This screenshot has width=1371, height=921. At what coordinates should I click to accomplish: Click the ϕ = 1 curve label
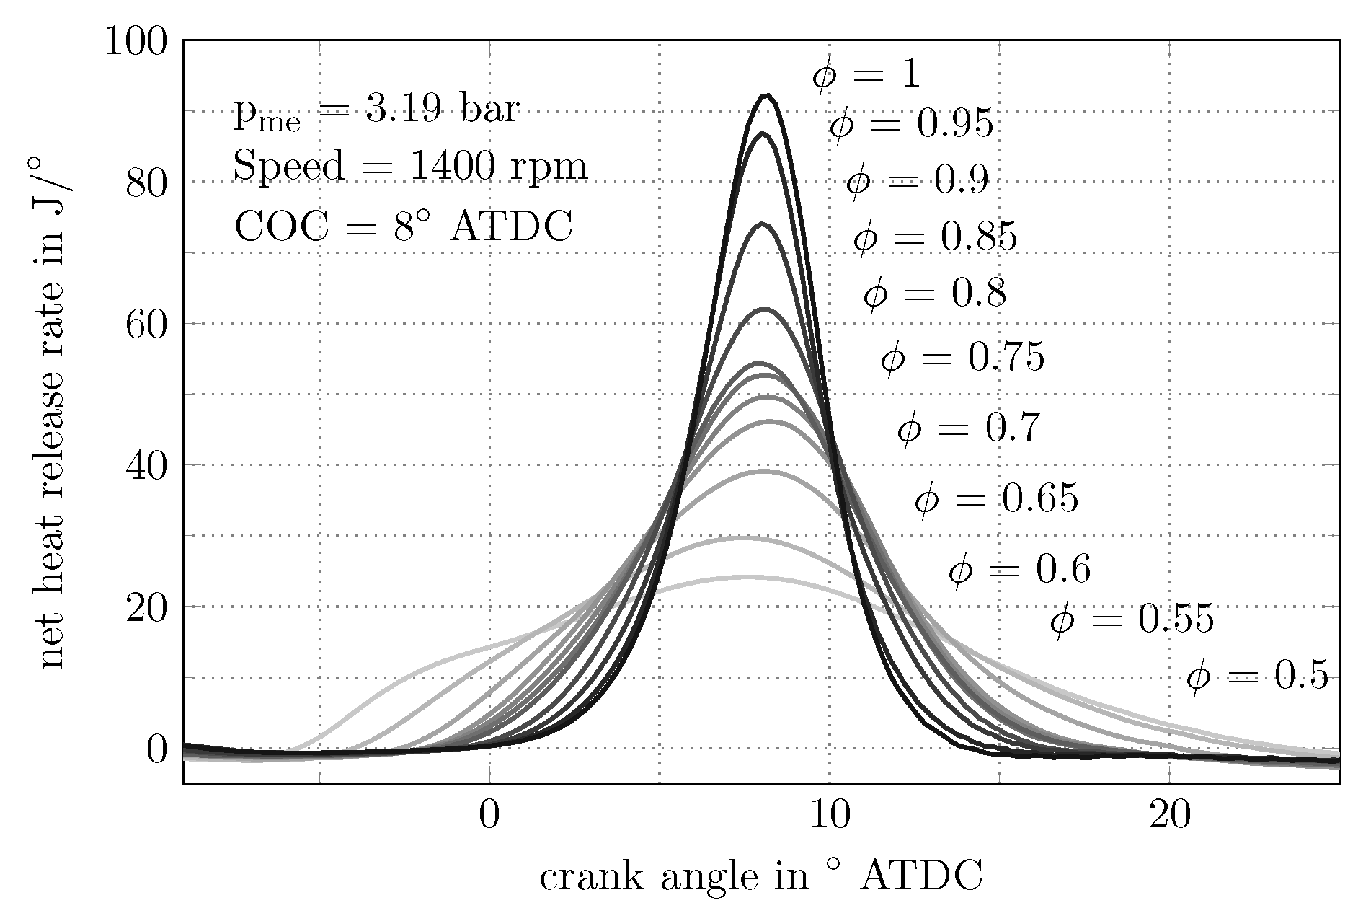tap(866, 74)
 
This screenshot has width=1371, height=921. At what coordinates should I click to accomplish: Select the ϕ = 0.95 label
tap(911, 125)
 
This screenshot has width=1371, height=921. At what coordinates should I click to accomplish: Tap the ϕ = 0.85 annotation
tap(935, 237)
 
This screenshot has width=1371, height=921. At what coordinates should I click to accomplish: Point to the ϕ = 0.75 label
tap(962, 357)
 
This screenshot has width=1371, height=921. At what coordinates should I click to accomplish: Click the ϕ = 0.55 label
tap(1132, 620)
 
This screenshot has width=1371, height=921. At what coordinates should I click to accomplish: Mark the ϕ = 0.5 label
tap(1257, 677)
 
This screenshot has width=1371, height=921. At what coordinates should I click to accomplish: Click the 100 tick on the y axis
tap(137, 42)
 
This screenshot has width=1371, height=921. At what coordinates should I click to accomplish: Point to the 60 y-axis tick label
tap(146, 325)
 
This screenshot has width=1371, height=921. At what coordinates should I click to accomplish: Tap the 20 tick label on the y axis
tap(146, 607)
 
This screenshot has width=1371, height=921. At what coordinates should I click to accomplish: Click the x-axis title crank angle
tap(760, 877)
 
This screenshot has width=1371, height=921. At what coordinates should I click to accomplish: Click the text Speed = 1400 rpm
tap(410, 167)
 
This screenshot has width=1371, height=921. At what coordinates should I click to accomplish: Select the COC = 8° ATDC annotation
tap(403, 226)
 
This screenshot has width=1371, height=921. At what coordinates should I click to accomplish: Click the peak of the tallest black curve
tap(766, 95)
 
